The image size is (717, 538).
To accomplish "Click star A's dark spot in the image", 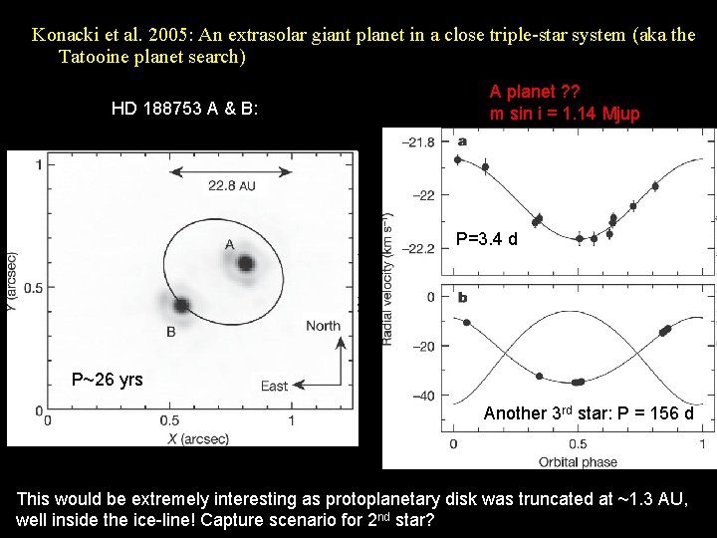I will click(x=245, y=264).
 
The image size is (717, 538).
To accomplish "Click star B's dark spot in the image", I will click(x=181, y=305).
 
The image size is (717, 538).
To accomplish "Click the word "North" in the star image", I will click(x=323, y=326).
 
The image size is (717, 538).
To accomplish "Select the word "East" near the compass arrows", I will click(x=274, y=386).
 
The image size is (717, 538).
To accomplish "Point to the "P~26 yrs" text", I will click(x=107, y=380).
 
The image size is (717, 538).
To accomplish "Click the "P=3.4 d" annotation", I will click(x=486, y=239).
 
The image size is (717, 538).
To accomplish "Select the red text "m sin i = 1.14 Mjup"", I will click(x=565, y=114).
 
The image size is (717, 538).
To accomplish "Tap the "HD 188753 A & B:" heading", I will click(x=184, y=108).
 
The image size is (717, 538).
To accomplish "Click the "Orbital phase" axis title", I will click(x=578, y=461).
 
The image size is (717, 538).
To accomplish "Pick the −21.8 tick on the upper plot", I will click(x=417, y=142).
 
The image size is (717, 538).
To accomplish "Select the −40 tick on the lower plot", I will click(x=423, y=396).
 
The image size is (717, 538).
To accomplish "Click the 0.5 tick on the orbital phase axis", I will click(x=578, y=443).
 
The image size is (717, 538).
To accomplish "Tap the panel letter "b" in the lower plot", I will click(x=462, y=297).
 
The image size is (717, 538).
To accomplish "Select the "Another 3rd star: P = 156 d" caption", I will click(x=589, y=413).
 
